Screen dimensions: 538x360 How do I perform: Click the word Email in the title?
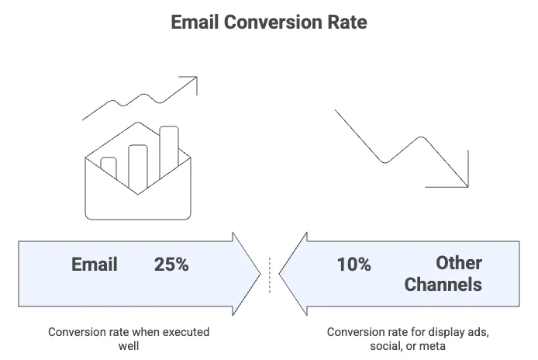[195, 22]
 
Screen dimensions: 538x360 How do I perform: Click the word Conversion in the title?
[272, 22]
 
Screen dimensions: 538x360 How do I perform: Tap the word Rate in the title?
[347, 22]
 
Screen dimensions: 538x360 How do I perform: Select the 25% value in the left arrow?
[171, 265]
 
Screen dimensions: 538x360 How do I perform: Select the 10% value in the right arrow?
[353, 265]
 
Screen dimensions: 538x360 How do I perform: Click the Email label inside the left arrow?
[95, 265]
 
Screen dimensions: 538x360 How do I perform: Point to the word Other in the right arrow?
[459, 263]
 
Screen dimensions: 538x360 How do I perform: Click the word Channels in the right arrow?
[443, 285]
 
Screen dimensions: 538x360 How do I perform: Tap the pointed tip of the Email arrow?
[260, 274]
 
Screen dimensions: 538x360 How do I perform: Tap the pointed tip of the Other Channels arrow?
[279, 274]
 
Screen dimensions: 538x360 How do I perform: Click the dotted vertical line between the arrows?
[270, 275]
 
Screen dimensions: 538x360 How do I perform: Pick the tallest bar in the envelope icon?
[169, 152]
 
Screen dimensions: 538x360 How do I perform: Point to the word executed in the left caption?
[185, 332]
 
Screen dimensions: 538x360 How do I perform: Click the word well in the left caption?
[129, 345]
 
